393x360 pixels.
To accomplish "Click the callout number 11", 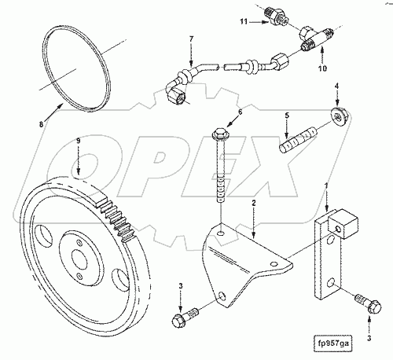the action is [244, 21].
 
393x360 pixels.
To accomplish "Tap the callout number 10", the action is [322, 68].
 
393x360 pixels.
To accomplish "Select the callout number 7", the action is [191, 39].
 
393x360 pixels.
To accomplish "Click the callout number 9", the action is [78, 141].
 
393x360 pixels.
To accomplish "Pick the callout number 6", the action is [240, 112].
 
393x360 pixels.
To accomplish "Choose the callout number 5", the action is [287, 116].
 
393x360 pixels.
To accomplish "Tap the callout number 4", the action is [337, 86].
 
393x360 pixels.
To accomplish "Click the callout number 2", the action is [254, 203].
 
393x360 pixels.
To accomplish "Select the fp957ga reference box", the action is [332, 343].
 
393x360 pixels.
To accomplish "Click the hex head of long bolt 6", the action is [219, 134].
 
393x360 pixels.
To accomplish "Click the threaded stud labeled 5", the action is [298, 140].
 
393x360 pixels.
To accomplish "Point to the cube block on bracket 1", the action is [343, 224].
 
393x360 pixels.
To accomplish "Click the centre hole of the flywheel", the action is [79, 262].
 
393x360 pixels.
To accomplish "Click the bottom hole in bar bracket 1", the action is [331, 283].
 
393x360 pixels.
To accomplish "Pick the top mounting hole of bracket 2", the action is [222, 233].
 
